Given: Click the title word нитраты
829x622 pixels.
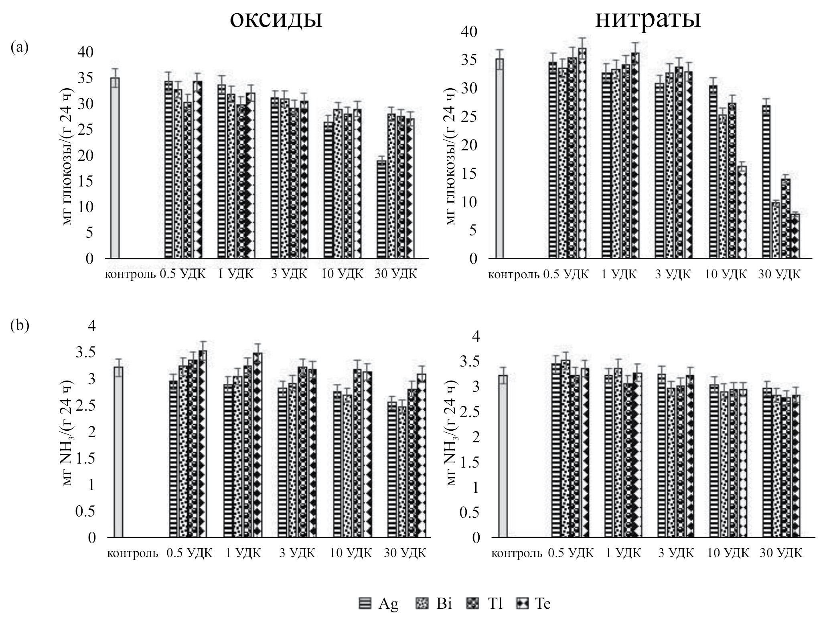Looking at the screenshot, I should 648,18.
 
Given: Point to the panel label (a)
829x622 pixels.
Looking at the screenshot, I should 20,48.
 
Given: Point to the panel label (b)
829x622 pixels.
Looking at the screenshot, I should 20,325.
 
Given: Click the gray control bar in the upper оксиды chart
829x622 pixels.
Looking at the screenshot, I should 115,168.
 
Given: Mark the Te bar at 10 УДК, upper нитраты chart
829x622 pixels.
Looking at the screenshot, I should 742,213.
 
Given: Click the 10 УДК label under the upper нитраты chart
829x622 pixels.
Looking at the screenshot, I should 726,274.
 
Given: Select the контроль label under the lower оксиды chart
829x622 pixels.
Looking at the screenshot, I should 132,554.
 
